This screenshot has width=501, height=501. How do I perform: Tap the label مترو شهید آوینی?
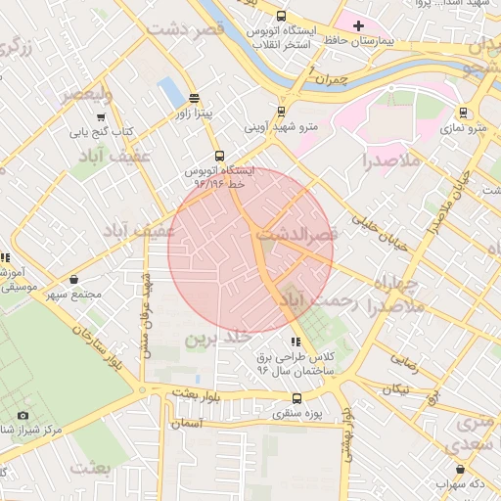click(x=282, y=127)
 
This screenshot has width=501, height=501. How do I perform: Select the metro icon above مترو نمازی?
click(x=463, y=112)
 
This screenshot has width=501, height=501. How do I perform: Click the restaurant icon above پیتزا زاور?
click(x=194, y=98)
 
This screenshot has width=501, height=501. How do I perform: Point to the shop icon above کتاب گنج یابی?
click(x=99, y=114)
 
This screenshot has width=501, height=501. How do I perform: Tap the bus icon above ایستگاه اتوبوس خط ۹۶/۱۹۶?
click(x=218, y=155)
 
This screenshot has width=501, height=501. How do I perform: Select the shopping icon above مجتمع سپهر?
click(x=74, y=279)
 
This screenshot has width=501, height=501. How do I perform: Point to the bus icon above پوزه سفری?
click(x=297, y=398)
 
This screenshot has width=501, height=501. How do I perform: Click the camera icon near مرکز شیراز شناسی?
click(x=23, y=415)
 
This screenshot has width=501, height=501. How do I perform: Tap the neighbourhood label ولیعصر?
click(x=87, y=95)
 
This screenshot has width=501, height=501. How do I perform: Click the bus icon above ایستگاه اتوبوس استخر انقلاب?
click(x=282, y=17)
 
